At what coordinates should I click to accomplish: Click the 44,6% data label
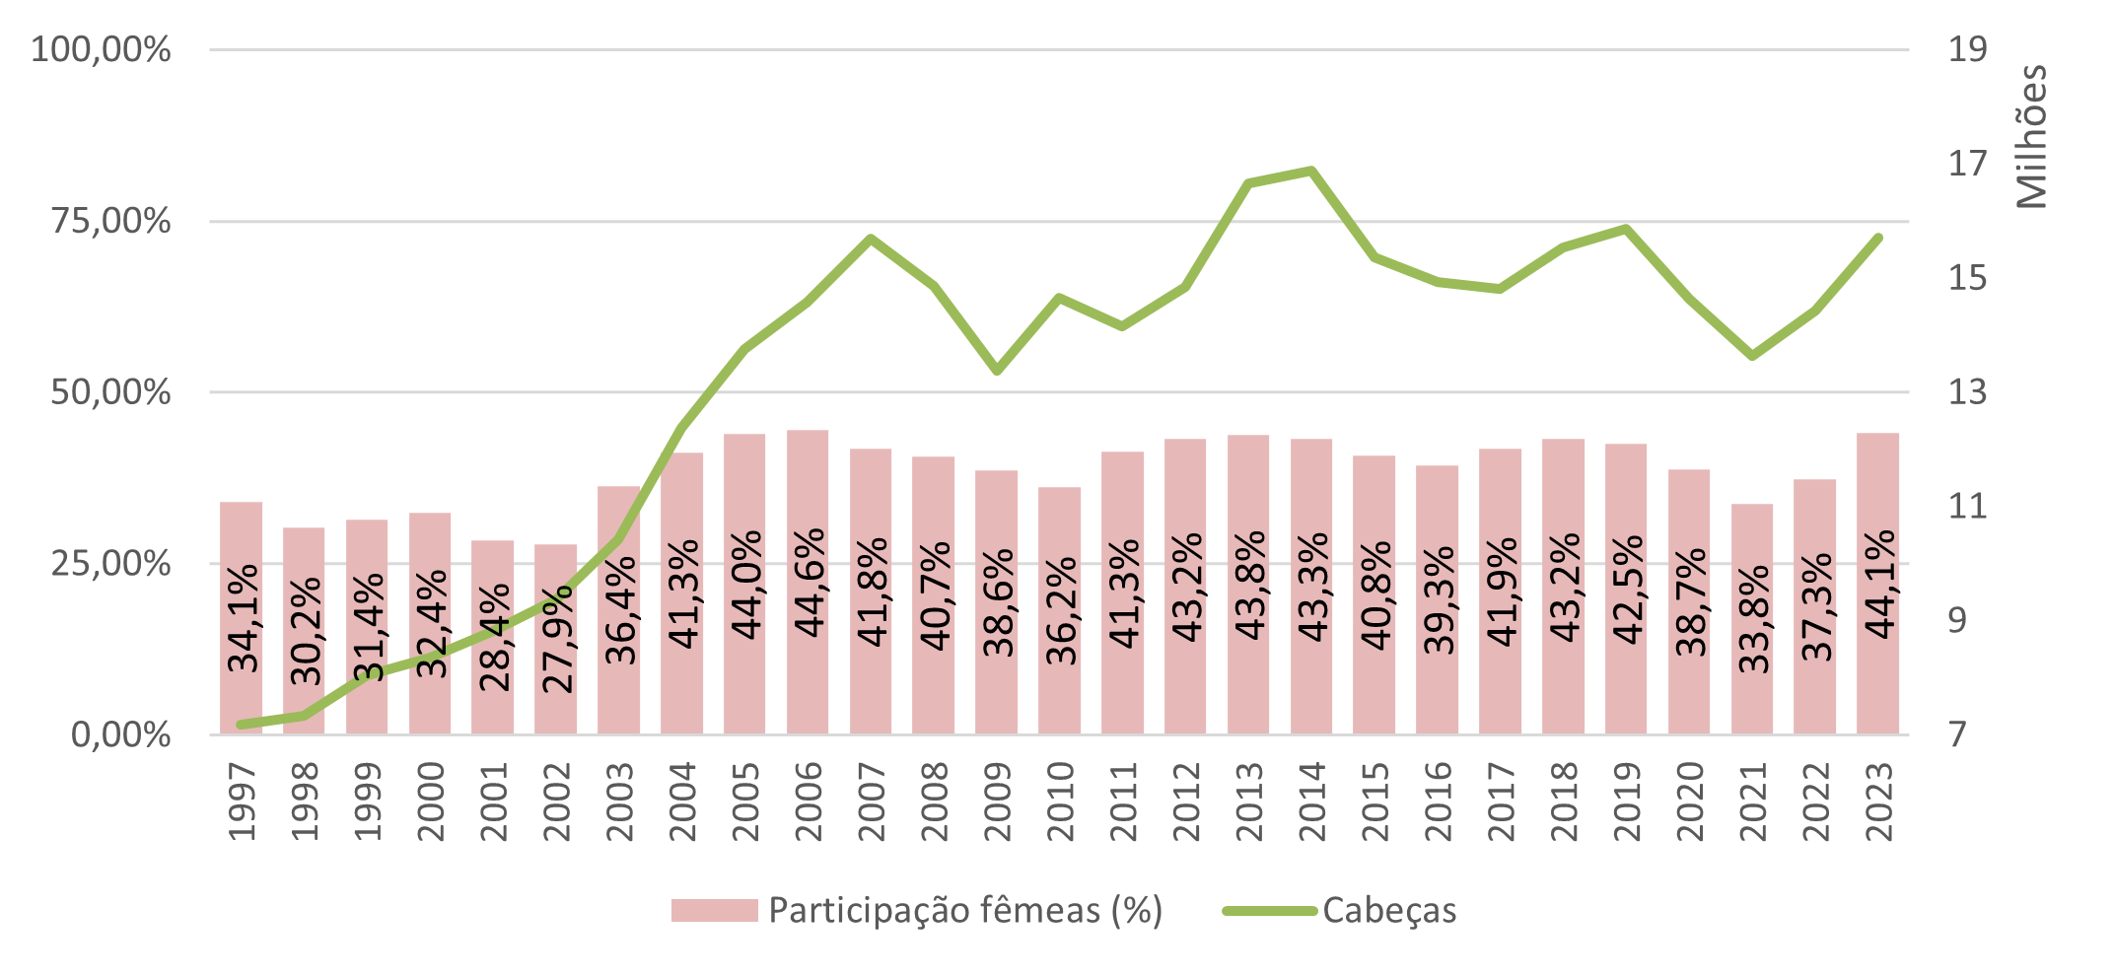[809, 583]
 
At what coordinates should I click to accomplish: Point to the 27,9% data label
[557, 639]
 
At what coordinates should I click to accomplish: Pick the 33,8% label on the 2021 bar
[1753, 619]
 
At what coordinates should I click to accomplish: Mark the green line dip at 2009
[997, 371]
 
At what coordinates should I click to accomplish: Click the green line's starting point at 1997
[241, 725]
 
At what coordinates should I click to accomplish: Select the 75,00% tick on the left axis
[110, 221]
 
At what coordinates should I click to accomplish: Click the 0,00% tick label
[120, 734]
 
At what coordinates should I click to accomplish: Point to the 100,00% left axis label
[101, 49]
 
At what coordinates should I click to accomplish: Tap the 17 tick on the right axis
[1966, 164]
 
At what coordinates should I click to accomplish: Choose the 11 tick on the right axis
[1966, 507]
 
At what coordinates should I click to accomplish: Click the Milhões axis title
[2031, 136]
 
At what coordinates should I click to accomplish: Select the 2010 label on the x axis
[1060, 801]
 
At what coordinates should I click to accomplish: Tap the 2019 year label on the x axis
[1626, 801]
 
